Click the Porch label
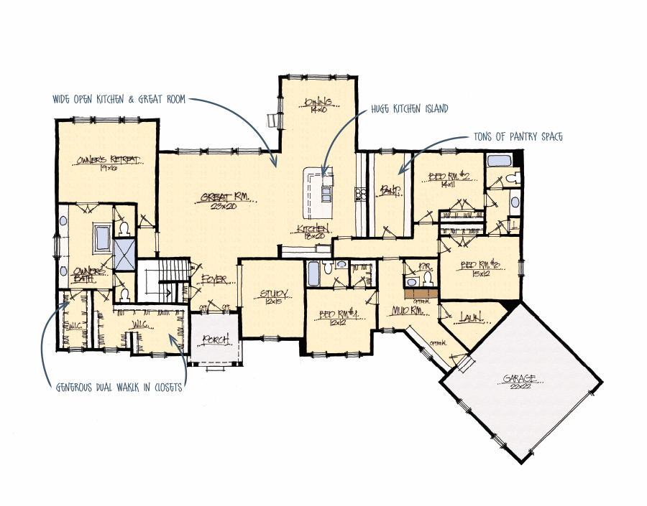pos(215,339)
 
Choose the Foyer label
pos(214,278)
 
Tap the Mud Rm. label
pos(405,311)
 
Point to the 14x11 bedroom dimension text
pos(448,184)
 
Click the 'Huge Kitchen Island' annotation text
pos(409,109)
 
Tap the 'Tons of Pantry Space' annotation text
pos(519,136)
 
